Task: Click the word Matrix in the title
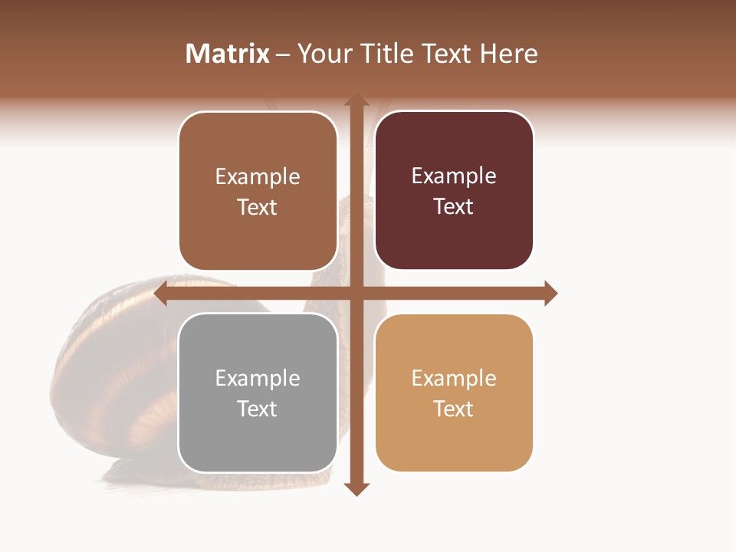coord(228,54)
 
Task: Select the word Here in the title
coord(508,54)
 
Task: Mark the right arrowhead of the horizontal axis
coord(550,293)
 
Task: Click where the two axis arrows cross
coord(356,293)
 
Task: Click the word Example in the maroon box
coord(454,176)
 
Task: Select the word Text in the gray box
coord(258,409)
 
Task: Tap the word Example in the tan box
coord(454,378)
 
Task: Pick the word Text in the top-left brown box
coord(258,208)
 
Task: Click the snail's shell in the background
coord(115,368)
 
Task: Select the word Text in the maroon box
coord(454,207)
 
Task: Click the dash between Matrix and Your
coord(283,54)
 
